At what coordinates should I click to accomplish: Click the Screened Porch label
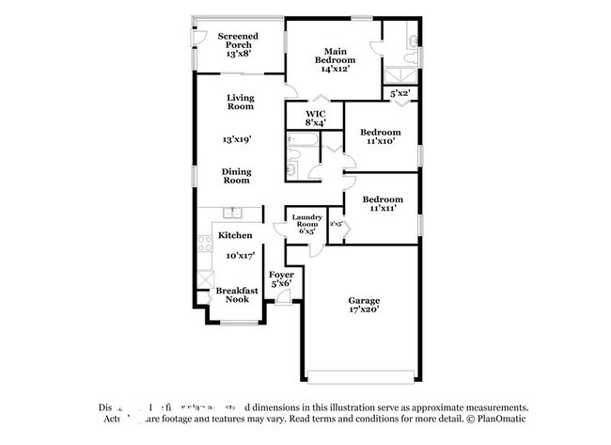[x=238, y=44]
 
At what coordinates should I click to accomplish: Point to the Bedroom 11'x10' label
[x=382, y=137]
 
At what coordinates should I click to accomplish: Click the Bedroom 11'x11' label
[x=383, y=204]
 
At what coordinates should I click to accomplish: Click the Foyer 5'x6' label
[x=282, y=278]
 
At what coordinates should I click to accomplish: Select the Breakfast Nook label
[x=236, y=294]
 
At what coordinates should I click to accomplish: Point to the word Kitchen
[x=235, y=234]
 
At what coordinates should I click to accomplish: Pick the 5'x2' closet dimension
[x=400, y=93]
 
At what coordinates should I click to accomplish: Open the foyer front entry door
[x=282, y=299]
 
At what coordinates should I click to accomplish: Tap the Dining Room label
[x=235, y=175]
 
